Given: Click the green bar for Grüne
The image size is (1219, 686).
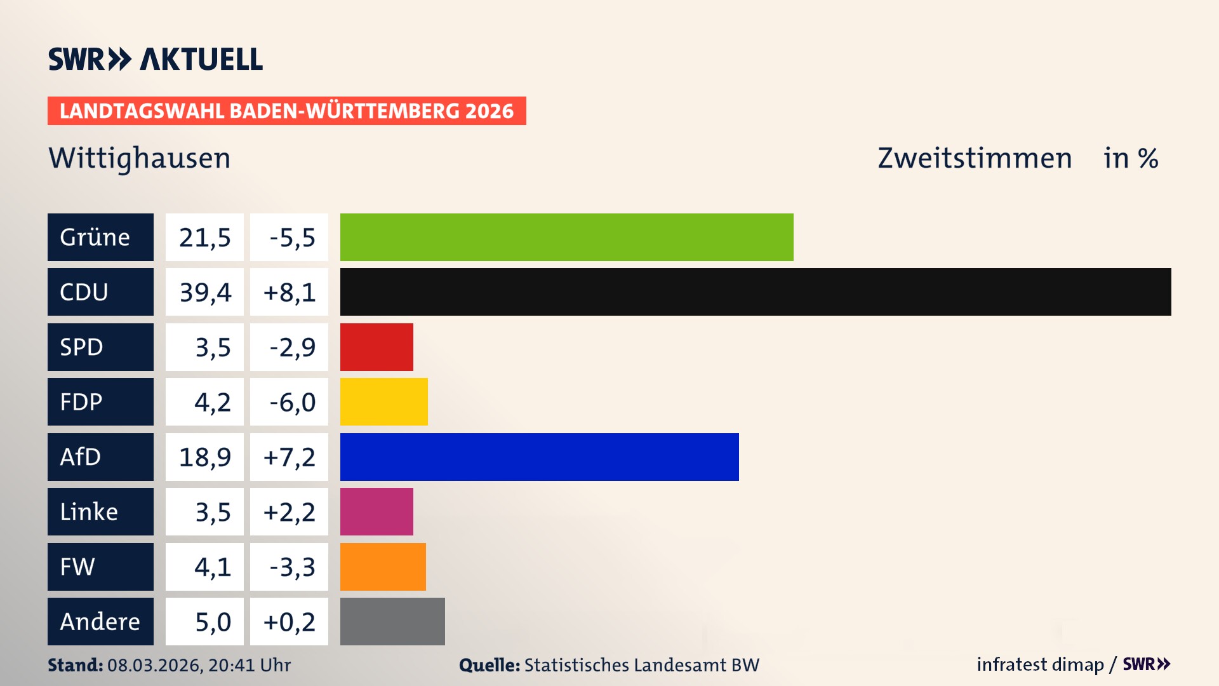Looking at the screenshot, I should coord(566,237).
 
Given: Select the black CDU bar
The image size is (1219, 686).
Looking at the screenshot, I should coord(756,292).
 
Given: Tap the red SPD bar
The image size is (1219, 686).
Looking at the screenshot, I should coord(376,347).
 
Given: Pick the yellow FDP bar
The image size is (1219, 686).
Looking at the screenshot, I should coord(383,401).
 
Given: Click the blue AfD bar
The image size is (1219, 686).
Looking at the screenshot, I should coord(539,457).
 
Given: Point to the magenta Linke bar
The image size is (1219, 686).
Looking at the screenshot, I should coord(376,511).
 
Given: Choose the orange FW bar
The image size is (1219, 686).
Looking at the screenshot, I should coord(383,567).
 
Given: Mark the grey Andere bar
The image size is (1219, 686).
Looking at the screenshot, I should coord(392,621).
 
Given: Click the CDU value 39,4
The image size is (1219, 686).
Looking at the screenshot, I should coord(204,292).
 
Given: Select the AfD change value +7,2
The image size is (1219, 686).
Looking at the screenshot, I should coord(289,457).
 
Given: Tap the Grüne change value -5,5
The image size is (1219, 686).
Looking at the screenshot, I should coord(291,238).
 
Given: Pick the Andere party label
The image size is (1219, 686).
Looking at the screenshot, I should coord(100,621).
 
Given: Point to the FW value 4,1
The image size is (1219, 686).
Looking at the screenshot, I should coord(212,567).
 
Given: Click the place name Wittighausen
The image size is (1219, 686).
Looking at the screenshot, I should coord(140,158).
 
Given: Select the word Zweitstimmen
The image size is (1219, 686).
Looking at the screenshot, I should coord(975,158).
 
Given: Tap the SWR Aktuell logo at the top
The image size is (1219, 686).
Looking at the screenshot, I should coord(156,59).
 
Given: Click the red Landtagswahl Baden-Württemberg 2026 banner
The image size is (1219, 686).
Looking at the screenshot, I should coord(286,111).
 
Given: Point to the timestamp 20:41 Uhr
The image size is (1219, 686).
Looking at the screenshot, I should coord(249,665).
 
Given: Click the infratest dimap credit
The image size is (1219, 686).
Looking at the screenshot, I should coord(1039,664).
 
